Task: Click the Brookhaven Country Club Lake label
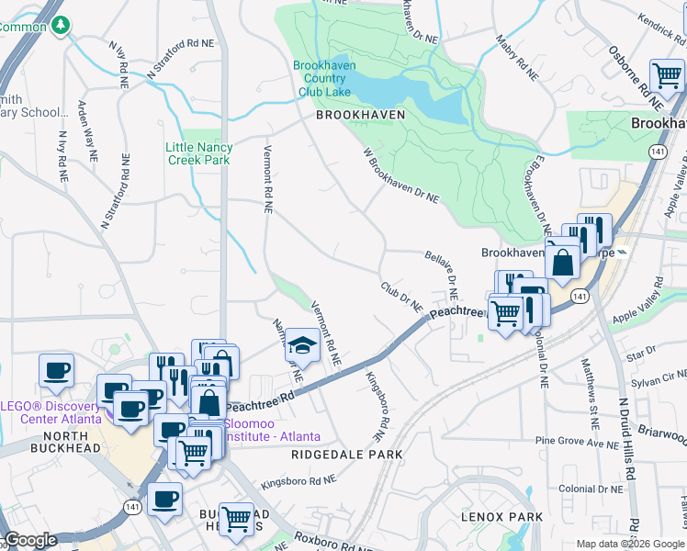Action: point(321,78)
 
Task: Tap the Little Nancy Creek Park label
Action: point(199,153)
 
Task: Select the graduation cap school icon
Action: point(302,346)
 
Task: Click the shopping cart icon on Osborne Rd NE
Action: point(666,76)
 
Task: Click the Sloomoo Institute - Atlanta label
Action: point(271,430)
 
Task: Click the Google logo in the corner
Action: point(31,540)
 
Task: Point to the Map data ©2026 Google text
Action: point(630,544)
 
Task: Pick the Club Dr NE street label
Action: point(401,295)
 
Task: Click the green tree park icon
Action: point(61,25)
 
